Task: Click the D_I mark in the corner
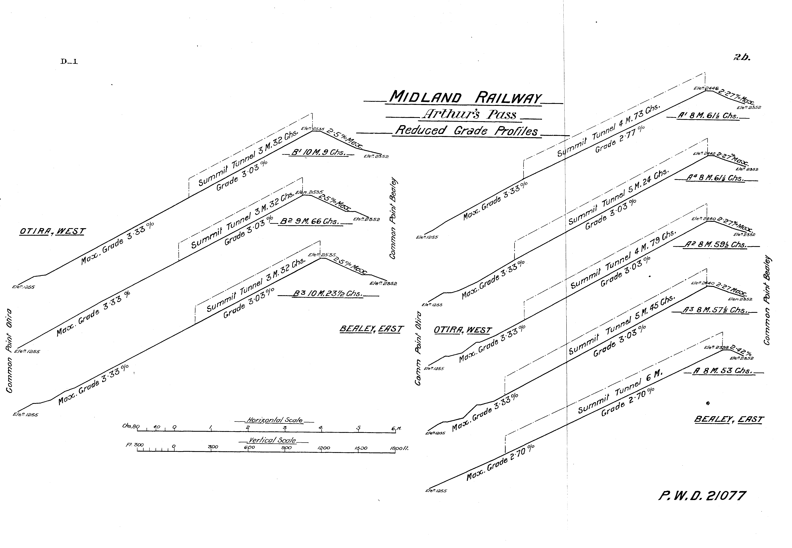[x=69, y=62]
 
